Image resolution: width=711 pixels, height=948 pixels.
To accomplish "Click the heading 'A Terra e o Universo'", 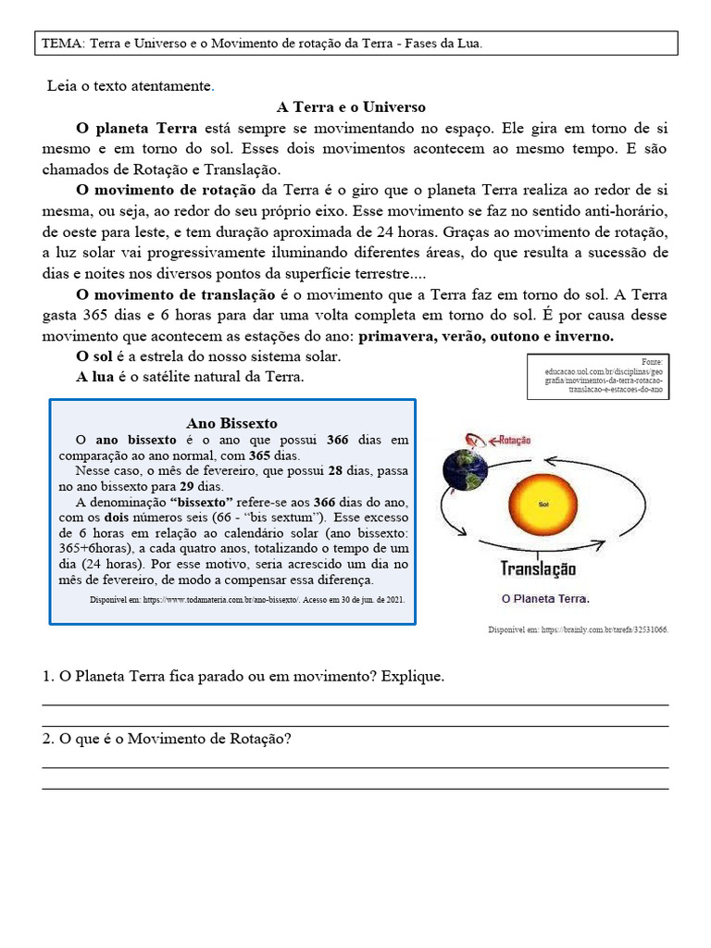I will (x=351, y=107).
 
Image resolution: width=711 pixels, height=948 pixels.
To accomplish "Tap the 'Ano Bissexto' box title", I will (x=231, y=423).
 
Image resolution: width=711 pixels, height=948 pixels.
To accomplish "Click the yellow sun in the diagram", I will (x=543, y=505).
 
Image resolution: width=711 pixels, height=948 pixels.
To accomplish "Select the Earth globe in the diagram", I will (x=465, y=470).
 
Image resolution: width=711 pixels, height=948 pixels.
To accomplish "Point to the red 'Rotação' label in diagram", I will (x=515, y=442).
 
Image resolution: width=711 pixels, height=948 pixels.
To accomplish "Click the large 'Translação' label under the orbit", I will (x=538, y=568).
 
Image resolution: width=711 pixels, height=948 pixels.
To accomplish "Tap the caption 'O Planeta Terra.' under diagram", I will (x=544, y=598).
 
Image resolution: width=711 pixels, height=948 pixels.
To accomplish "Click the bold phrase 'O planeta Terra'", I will (x=137, y=128).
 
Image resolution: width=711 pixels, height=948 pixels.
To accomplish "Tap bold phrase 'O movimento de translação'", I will (x=176, y=294).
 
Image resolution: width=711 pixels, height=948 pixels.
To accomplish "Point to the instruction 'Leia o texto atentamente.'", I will (x=131, y=87).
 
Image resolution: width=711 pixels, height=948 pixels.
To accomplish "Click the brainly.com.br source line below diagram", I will (x=578, y=630).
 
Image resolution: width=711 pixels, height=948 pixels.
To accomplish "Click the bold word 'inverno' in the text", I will (x=585, y=336).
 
